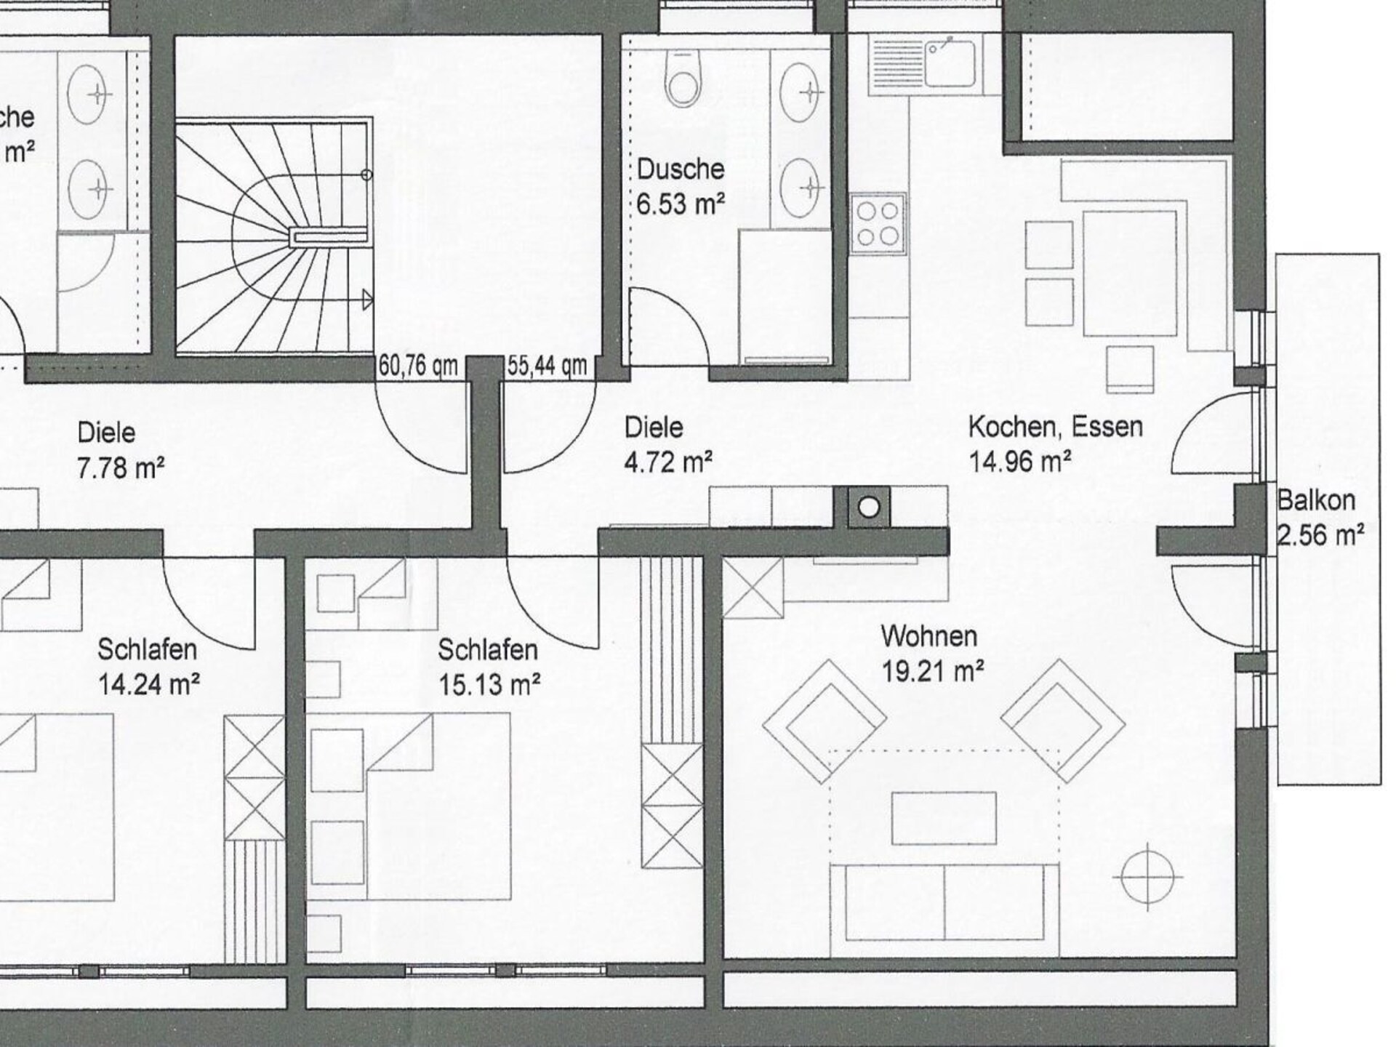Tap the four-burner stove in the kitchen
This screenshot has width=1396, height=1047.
pos(878,224)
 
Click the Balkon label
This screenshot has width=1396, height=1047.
pos(1316,500)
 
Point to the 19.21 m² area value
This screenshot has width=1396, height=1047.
pos(933,670)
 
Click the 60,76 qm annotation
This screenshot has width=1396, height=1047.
pos(418,366)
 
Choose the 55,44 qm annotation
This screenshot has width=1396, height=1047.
pos(547,366)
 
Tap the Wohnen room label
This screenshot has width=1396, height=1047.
pos(928,636)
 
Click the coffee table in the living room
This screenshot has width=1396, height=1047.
pos(944,818)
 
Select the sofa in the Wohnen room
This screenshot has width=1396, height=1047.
pos(944,910)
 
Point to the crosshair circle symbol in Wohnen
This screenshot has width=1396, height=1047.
pos(1147,877)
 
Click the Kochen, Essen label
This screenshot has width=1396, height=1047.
pos(1055,427)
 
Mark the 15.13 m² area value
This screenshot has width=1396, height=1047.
pos(489,684)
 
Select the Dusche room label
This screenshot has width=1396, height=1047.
pos(681,169)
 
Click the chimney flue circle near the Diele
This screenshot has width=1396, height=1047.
pos(869,507)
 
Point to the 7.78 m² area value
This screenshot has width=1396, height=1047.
pos(121,468)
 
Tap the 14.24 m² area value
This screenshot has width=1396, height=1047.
pos(149,684)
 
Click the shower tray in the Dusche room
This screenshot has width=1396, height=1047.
pos(785,297)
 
